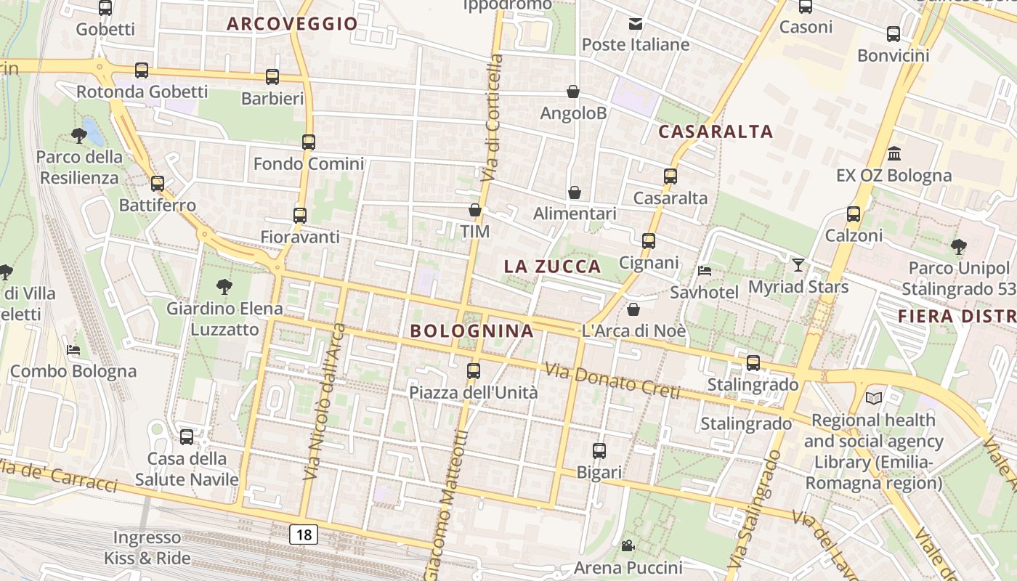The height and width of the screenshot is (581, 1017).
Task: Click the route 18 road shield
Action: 304,535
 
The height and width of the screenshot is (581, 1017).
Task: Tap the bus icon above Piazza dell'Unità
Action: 474,371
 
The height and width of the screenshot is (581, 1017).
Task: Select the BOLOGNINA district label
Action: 472,331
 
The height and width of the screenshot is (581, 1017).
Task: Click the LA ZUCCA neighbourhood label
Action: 553,267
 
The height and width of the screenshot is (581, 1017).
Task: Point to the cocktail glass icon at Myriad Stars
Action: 798,265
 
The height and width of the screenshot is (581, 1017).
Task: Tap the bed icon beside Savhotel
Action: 704,271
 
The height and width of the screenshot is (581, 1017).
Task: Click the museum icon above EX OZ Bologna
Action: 894,154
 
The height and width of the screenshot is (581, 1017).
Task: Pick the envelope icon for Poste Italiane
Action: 636,23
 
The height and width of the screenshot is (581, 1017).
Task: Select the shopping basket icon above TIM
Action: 475,211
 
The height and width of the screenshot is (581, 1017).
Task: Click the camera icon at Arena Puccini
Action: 628,545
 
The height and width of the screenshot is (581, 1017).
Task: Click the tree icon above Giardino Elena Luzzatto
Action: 224,287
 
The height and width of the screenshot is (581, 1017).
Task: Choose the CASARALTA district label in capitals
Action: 716,132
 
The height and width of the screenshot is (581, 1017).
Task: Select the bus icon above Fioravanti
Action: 300,216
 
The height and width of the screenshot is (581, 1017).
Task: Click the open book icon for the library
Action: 874,398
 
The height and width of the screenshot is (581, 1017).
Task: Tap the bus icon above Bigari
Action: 599,451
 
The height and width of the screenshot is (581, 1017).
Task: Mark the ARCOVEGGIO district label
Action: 293,24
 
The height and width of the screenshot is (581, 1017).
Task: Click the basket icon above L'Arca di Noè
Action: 633,310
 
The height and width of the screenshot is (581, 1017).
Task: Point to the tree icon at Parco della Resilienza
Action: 79,135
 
